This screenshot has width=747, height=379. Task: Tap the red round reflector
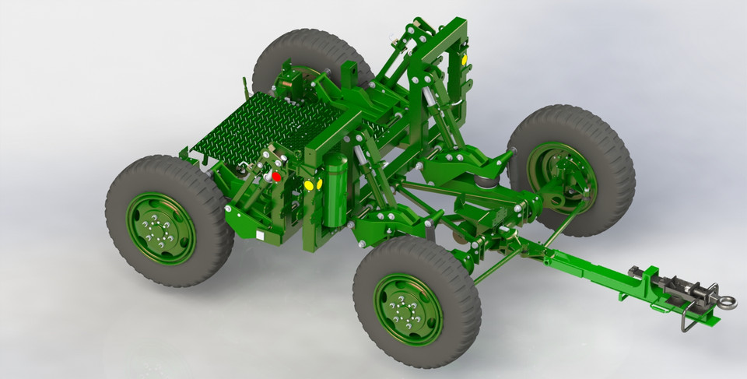[276, 177]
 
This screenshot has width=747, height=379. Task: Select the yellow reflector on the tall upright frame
[465, 59]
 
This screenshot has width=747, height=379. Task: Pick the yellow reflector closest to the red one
[308, 185]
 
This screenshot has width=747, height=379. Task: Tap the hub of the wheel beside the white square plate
[161, 229]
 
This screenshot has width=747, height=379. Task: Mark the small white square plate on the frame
[258, 233]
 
